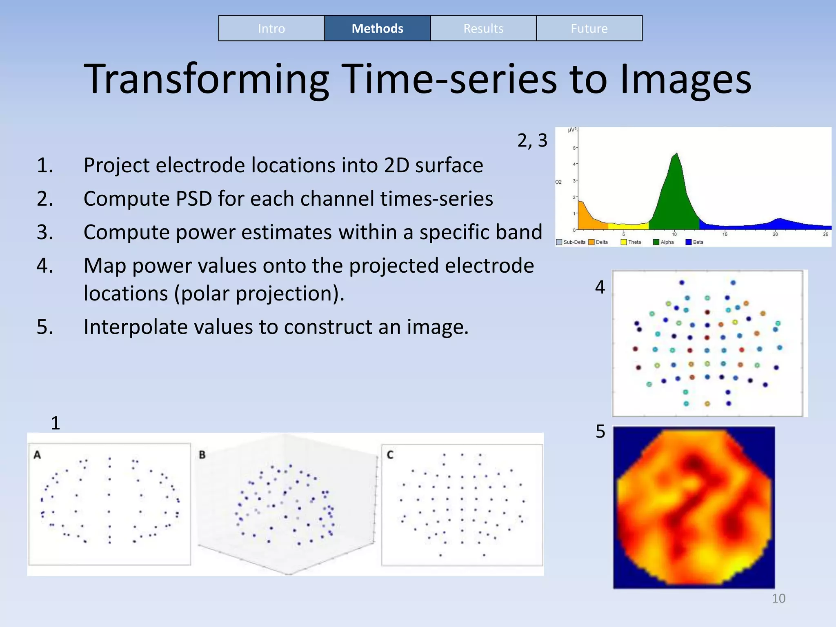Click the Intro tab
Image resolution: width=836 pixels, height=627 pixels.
tap(271, 29)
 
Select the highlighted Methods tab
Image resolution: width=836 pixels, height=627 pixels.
tap(377, 29)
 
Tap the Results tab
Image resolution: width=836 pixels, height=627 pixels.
tap(483, 29)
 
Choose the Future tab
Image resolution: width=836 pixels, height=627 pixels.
tap(589, 29)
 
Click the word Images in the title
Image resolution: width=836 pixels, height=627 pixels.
tap(685, 80)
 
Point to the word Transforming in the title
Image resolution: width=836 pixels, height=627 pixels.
tap(206, 80)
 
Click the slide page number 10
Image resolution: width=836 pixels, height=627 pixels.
tap(778, 598)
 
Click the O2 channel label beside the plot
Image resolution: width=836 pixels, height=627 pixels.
tap(558, 182)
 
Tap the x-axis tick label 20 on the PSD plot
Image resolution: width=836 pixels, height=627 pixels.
tap(775, 234)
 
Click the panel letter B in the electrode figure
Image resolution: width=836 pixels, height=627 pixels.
tap(202, 455)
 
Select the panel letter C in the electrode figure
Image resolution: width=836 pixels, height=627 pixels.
tap(390, 455)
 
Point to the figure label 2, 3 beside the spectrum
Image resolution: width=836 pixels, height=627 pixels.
tap(532, 141)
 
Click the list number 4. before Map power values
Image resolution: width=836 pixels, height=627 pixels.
tap(45, 266)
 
